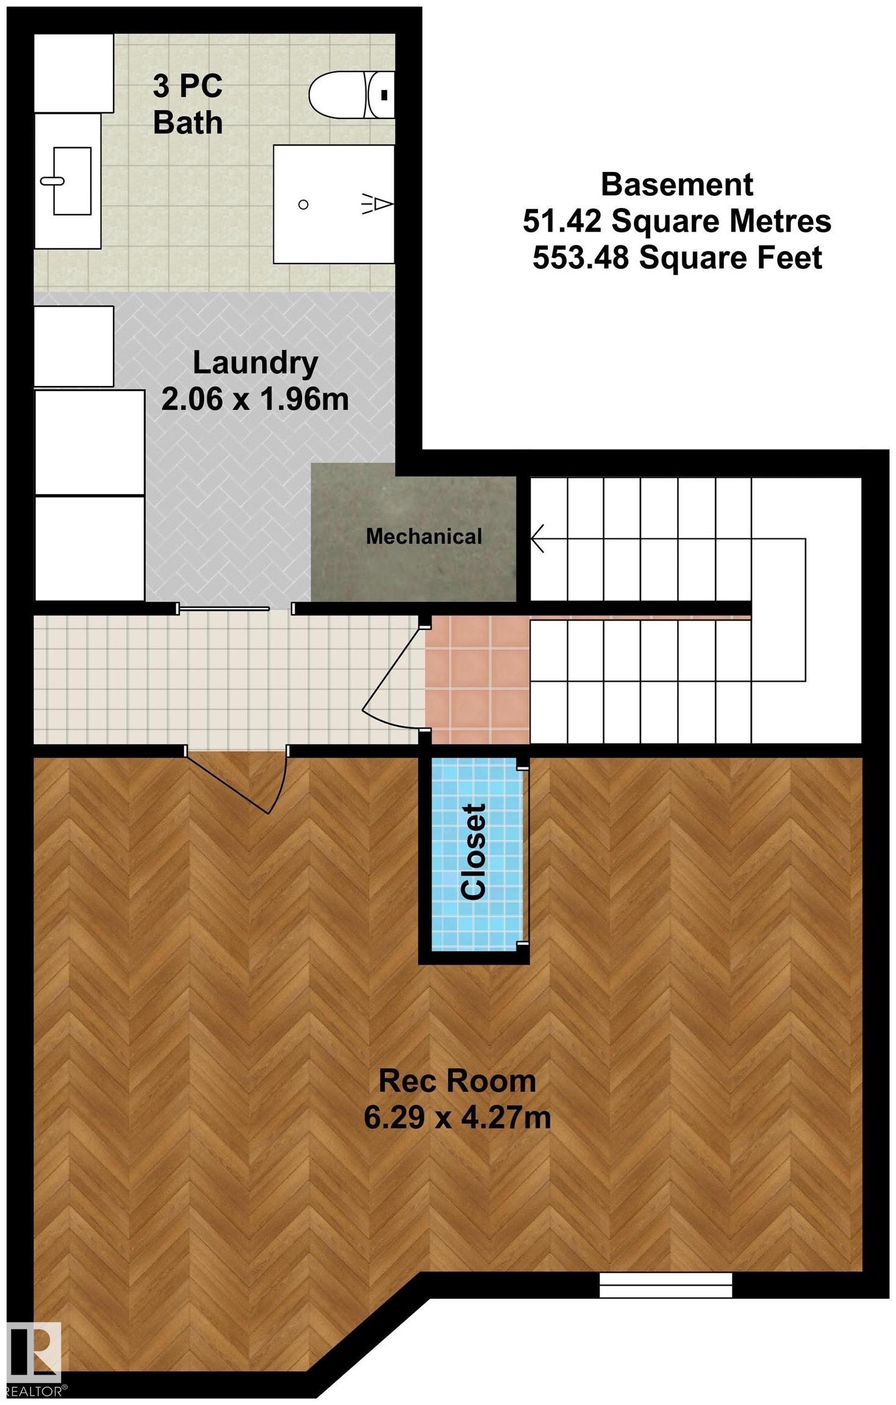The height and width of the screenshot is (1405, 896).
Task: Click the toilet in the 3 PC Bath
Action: pyautogui.click(x=352, y=95)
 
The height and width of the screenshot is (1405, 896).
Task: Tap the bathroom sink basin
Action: pyautogui.click(x=72, y=181)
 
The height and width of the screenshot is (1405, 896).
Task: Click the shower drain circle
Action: pyautogui.click(x=303, y=205)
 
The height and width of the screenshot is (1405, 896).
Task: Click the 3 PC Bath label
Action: pyautogui.click(x=188, y=104)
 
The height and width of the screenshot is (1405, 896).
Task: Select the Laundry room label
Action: pyautogui.click(x=256, y=363)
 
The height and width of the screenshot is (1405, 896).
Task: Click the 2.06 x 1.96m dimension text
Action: pyautogui.click(x=255, y=400)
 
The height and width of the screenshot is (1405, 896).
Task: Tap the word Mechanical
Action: pyautogui.click(x=424, y=536)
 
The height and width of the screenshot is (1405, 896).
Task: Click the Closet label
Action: pyautogui.click(x=475, y=852)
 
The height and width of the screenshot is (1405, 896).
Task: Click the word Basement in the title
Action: pyautogui.click(x=677, y=184)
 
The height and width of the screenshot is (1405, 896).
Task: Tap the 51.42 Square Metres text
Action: pyautogui.click(x=677, y=221)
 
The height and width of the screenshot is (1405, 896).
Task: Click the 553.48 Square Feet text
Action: pyautogui.click(x=677, y=258)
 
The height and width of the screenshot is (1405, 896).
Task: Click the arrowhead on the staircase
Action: pyautogui.click(x=537, y=539)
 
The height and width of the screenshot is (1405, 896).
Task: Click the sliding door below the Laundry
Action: pyautogui.click(x=235, y=609)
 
